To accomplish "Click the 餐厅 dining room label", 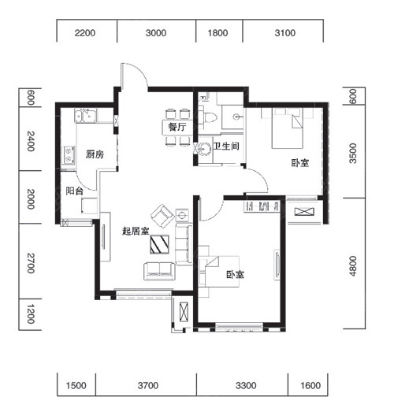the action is (177, 127).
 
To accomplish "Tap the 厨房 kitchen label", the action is (95, 154).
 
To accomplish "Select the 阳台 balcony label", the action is (75, 191).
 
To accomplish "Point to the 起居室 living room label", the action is (136, 231).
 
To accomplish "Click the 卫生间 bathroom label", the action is (226, 146).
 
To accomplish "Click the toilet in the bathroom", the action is (208, 117).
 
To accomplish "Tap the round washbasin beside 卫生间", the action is (205, 148).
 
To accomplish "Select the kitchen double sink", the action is (86, 116).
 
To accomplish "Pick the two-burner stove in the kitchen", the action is (69, 155).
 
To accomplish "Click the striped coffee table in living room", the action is (159, 244).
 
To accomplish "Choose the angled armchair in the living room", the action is (162, 216).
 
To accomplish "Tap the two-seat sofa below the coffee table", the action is (159, 271).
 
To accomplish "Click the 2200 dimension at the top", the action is (85, 33).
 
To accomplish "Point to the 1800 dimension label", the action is (217, 33).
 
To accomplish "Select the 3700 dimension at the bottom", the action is (148, 385).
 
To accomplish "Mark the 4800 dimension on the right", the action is (353, 266).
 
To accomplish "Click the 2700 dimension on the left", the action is (31, 263).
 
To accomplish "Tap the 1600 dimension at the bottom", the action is (310, 385).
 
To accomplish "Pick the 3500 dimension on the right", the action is (353, 154).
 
